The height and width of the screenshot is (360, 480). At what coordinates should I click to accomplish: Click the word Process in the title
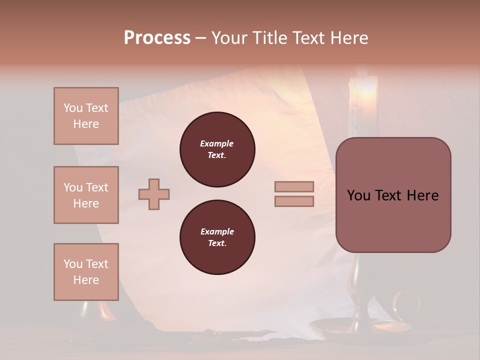point(157,38)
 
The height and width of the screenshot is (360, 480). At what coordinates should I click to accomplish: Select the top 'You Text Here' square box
point(86,116)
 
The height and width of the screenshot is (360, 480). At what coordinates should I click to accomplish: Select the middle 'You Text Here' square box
point(86,195)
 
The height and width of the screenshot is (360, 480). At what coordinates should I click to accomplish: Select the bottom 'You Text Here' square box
point(86,272)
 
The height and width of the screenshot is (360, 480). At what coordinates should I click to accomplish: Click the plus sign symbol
point(154,194)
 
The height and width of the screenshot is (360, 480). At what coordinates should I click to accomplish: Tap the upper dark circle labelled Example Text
point(217,149)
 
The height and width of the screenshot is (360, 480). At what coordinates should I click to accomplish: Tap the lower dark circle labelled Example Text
point(217,237)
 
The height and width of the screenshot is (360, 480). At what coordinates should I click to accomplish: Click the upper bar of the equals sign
point(294,187)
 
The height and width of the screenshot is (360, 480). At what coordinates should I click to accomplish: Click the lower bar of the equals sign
point(294,201)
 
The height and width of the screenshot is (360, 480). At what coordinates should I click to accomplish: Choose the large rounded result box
point(393,195)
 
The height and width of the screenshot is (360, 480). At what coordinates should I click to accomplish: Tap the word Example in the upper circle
point(217,143)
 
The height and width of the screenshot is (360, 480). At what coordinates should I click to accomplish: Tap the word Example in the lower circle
point(217,231)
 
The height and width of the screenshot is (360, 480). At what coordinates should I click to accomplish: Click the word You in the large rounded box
point(358,195)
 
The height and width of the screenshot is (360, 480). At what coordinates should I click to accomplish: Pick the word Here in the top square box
point(86,124)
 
